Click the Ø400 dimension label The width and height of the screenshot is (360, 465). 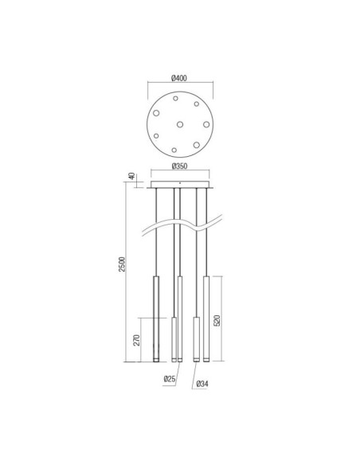tap(179, 78)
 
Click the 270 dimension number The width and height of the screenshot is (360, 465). tap(137, 340)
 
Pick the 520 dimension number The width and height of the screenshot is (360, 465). tap(217, 320)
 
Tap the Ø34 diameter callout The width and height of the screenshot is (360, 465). tap(203, 385)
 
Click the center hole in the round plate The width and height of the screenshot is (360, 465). tap(179, 123)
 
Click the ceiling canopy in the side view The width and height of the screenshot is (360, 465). tap(180, 186)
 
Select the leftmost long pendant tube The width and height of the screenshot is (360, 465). tap(157, 318)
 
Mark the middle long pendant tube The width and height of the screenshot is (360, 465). tap(180, 318)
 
